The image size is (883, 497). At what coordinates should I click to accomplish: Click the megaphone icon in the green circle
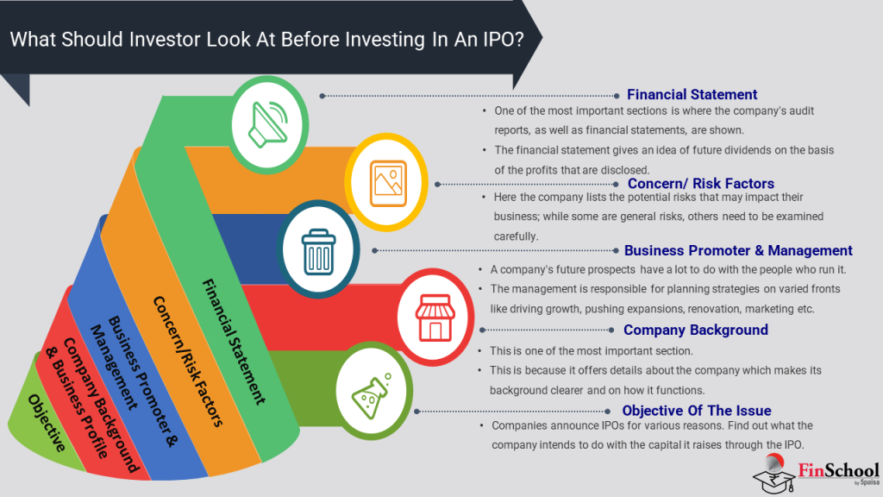(268, 124)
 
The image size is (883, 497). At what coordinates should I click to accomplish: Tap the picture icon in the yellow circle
(388, 184)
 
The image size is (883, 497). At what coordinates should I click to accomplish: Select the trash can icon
(319, 252)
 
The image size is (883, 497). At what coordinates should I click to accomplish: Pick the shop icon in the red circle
(435, 318)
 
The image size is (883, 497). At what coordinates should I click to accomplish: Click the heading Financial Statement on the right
(692, 95)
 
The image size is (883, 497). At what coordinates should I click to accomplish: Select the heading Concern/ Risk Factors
(700, 184)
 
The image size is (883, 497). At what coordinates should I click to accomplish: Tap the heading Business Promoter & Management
(738, 251)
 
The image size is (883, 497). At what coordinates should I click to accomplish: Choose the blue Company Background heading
(696, 330)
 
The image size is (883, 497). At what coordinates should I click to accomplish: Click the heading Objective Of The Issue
(697, 411)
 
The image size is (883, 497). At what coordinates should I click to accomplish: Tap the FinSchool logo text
(838, 470)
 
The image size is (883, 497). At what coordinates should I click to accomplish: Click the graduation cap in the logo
(773, 479)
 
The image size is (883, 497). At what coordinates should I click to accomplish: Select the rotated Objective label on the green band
(47, 423)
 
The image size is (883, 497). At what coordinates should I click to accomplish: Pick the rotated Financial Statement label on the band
(233, 342)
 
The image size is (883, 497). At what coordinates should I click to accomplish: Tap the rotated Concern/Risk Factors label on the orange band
(188, 362)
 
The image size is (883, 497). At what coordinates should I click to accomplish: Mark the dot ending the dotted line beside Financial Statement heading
(616, 96)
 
